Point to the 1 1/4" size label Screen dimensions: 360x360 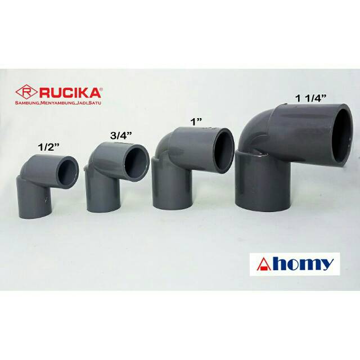314,98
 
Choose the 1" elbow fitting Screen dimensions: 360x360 191,166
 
